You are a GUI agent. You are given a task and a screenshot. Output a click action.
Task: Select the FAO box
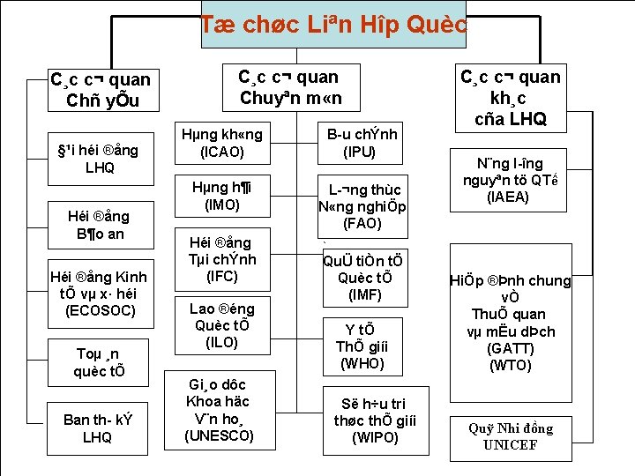pyautogui.click(x=362, y=206)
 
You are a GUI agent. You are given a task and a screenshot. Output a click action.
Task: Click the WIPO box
pyautogui.click(x=366, y=419)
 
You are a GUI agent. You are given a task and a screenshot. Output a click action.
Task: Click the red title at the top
pyautogui.click(x=332, y=25)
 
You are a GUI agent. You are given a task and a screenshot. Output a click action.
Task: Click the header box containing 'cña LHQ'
pyautogui.click(x=511, y=98)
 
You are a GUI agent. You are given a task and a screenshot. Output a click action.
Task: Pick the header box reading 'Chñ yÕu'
pyautogui.click(x=102, y=90)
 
